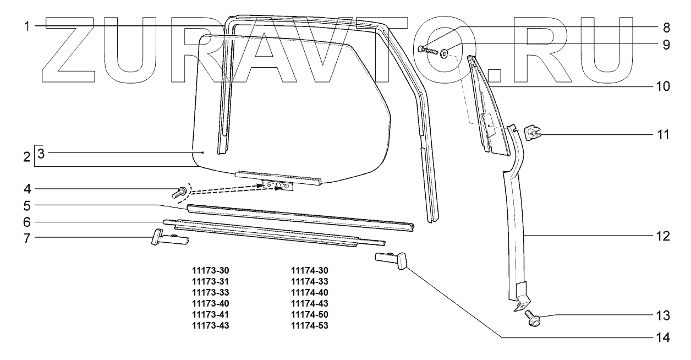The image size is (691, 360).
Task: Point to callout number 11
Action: click(x=665, y=134)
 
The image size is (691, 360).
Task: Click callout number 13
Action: click(x=665, y=316)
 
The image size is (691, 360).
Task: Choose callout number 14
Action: click(x=665, y=337)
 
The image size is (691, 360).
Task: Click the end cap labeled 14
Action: click(x=392, y=259)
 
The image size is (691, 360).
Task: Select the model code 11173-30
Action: click(x=210, y=270)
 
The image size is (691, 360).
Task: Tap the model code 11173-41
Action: click(x=210, y=314)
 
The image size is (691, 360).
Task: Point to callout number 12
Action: click(x=665, y=237)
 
